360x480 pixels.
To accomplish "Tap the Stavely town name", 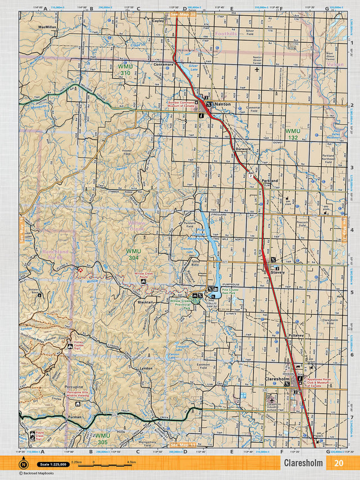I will point(277,272).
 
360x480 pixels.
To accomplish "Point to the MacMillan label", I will point(48,26).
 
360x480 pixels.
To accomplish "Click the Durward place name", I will point(243,149).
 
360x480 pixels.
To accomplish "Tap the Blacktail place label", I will point(145,302).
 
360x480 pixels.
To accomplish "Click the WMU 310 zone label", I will point(125,70).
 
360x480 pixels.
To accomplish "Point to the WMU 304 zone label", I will point(134,254).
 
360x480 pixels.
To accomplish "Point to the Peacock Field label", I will point(303,223).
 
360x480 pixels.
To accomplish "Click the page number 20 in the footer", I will point(337,463).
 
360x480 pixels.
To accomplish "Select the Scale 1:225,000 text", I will point(51,464).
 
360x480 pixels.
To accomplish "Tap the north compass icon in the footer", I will point(23,464).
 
